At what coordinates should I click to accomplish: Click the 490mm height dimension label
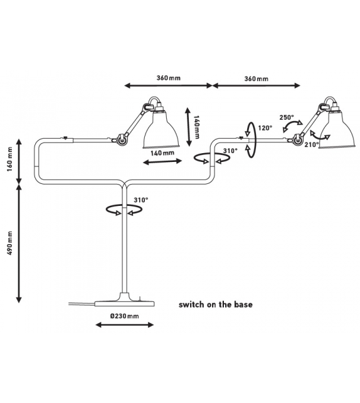click(10, 243)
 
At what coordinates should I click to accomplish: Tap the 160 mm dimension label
click(10, 159)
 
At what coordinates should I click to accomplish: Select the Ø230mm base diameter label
click(125, 316)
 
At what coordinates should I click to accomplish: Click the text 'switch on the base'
click(215, 304)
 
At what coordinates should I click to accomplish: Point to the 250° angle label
click(287, 117)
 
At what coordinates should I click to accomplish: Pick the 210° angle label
click(312, 145)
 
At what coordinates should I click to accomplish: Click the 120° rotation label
click(265, 127)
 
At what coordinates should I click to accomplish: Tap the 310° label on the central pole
click(141, 200)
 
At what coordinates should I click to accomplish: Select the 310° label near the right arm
click(230, 151)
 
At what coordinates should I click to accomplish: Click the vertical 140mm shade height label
click(196, 127)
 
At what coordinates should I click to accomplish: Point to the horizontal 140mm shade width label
click(162, 153)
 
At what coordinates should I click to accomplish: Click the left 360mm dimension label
click(169, 78)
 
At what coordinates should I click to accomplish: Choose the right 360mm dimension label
click(257, 78)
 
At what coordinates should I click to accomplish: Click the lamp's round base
click(125, 303)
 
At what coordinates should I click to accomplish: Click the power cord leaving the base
click(82, 304)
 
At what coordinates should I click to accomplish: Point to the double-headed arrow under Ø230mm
click(125, 325)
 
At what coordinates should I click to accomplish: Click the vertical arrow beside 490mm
click(19, 244)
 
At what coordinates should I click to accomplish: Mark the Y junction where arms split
click(125, 185)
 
